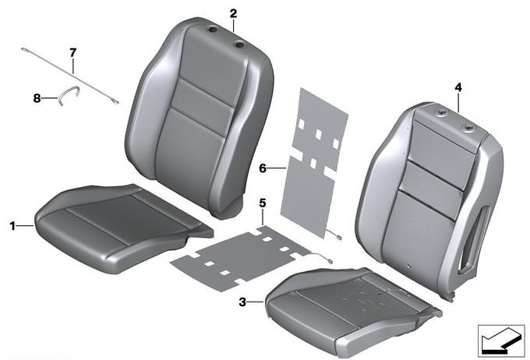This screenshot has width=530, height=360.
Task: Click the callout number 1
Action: [x=12, y=226]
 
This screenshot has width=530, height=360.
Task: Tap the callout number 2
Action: [x=233, y=14]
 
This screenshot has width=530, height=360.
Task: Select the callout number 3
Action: [x=242, y=302]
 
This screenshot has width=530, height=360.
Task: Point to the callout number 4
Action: [x=458, y=87]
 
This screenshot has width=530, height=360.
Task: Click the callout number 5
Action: [x=263, y=203]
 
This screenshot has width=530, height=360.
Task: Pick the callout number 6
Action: [x=263, y=168]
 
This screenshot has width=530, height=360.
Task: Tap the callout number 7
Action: [x=73, y=53]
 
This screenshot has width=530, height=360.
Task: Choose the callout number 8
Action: [x=37, y=98]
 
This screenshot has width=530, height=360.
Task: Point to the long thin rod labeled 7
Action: [x=70, y=76]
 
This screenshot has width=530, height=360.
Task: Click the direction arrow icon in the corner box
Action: [x=500, y=341]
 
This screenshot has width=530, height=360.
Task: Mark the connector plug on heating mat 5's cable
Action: [x=330, y=260]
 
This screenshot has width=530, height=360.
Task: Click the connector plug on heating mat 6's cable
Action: [x=339, y=238]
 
